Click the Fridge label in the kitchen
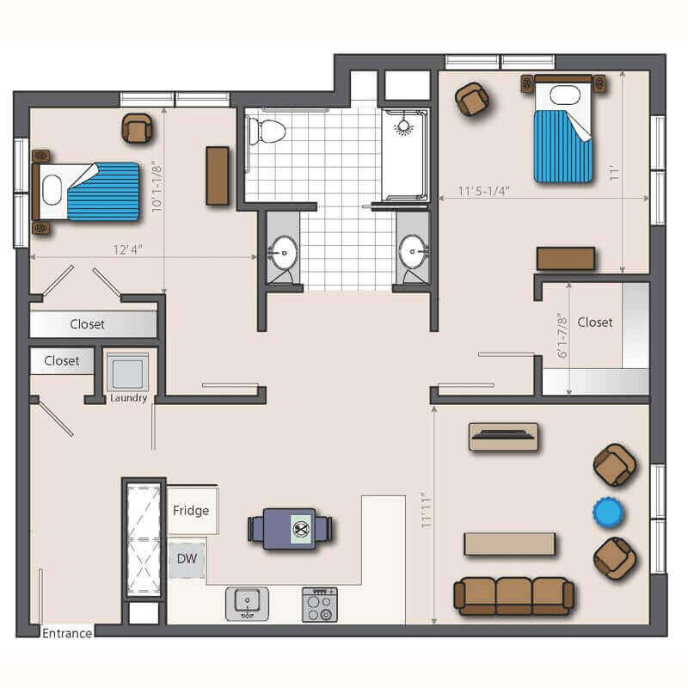[191, 510]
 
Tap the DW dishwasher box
[187, 560]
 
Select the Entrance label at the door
[67, 633]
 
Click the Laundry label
[128, 397]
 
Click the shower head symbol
[403, 126]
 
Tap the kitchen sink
[247, 604]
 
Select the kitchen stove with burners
[320, 605]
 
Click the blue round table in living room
[608, 512]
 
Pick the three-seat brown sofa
[513, 596]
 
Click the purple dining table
[290, 529]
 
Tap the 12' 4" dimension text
[128, 249]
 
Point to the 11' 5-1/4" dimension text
[484, 191]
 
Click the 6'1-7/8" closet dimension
[562, 335]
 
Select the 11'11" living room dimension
[426, 513]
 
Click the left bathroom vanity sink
[284, 253]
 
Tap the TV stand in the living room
[504, 437]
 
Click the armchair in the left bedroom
[138, 128]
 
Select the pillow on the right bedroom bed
[565, 95]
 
